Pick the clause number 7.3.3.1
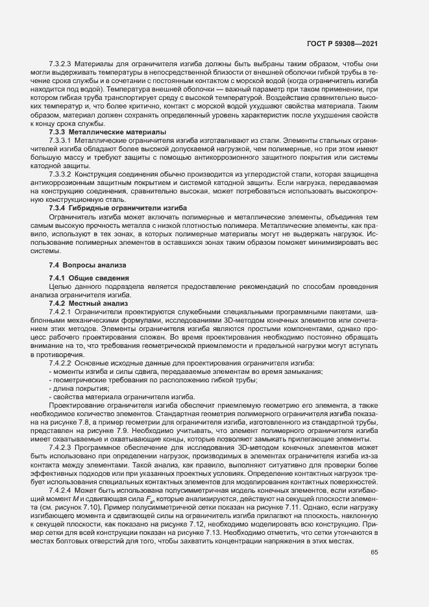60,140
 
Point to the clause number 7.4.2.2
60,362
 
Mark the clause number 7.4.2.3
60,448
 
